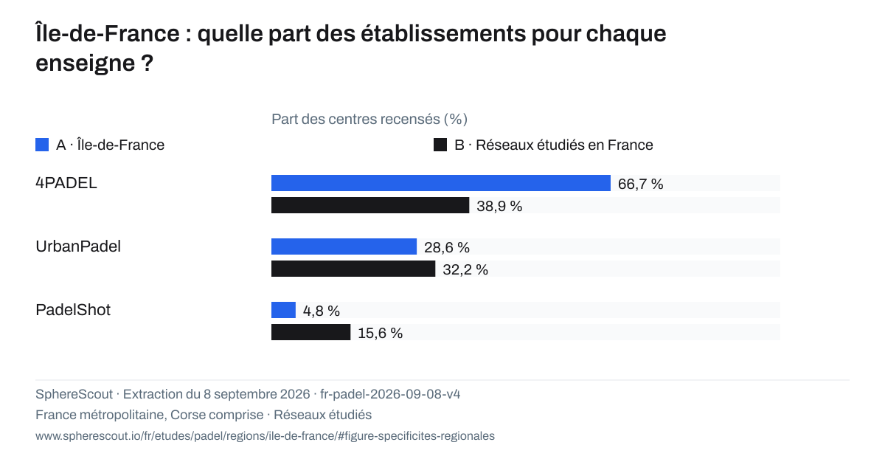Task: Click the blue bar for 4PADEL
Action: (441, 183)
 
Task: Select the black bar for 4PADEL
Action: (370, 205)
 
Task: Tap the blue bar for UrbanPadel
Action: (344, 246)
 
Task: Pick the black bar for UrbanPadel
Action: (353, 269)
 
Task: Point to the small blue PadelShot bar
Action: (283, 310)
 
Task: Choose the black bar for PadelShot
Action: (311, 332)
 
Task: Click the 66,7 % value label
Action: (640, 184)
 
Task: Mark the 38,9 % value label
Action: (499, 206)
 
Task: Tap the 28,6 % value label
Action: (447, 247)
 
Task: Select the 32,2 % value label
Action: (465, 269)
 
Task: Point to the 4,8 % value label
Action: (322, 311)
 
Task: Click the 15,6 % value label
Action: (380, 334)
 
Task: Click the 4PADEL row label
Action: (66, 183)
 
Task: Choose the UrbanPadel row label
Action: (78, 246)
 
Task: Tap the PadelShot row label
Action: (73, 309)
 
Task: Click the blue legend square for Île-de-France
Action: (42, 145)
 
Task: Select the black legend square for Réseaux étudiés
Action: (440, 145)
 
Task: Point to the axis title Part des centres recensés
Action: (369, 119)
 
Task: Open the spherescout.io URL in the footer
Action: (265, 435)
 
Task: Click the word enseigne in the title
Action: (86, 63)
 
